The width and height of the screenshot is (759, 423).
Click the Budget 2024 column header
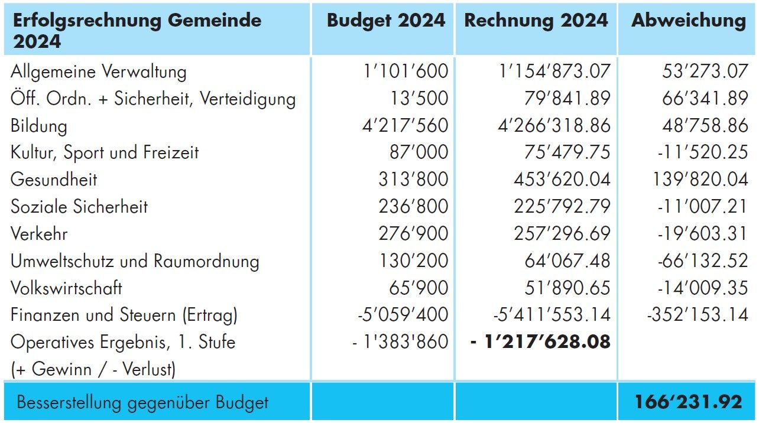pos(385,20)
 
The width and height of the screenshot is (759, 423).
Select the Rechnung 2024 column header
pos(536,20)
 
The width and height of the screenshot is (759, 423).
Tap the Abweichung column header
pos(689,20)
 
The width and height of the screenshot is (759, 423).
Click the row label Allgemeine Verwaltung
pos(98,71)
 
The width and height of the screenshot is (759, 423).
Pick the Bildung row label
pos(39,126)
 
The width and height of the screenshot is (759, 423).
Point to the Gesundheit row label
pos(54,180)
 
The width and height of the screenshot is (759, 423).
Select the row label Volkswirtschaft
pos(66,288)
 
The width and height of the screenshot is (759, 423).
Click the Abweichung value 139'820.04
pos(700,180)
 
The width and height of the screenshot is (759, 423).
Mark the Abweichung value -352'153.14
pos(698,314)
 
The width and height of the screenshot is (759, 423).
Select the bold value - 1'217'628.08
pos(540,341)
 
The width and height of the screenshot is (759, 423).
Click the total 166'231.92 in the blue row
pos(688,402)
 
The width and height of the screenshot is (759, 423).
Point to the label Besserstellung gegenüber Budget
pos(142,403)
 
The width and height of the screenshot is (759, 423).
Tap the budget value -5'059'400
pos(403,314)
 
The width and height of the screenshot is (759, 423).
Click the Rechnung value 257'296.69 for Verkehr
pos(562,233)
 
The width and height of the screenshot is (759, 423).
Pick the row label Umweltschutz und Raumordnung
pos(135,261)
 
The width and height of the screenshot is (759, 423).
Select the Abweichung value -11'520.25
pos(702,152)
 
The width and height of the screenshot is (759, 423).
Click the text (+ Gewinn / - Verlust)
pos(93,369)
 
